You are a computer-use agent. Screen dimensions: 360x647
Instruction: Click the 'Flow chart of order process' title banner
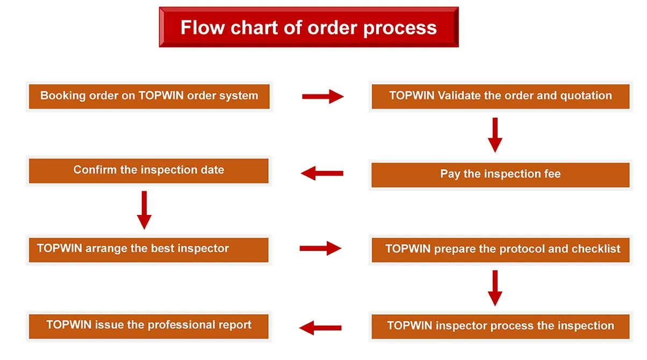[x=308, y=27]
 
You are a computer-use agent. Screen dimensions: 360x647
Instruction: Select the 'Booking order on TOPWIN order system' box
[x=149, y=97]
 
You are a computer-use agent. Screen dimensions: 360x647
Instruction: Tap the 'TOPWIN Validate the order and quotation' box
[x=500, y=97]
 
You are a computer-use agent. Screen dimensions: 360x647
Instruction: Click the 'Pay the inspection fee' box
[x=500, y=175]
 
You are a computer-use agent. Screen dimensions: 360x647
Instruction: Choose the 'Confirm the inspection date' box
[x=148, y=170]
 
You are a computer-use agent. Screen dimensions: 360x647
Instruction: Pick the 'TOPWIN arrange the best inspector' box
[x=148, y=249]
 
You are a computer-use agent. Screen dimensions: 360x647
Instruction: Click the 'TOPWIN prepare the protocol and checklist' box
[x=500, y=249]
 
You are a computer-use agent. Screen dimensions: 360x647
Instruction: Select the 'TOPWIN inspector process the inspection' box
[x=500, y=326]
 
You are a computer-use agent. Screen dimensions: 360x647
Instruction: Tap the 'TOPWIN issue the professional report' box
[x=148, y=326]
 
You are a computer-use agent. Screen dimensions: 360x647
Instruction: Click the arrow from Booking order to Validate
[x=322, y=97]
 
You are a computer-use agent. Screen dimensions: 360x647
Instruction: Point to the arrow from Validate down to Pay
[x=495, y=135]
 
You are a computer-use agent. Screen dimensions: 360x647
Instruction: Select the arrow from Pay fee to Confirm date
[x=322, y=173]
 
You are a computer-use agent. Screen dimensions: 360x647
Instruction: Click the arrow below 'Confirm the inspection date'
[x=144, y=210]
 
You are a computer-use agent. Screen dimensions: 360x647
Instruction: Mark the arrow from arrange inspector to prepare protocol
[x=320, y=248]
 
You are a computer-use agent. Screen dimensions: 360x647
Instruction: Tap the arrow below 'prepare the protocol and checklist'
[x=495, y=288]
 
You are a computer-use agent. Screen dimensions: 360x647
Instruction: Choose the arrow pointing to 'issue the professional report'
[x=320, y=327]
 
